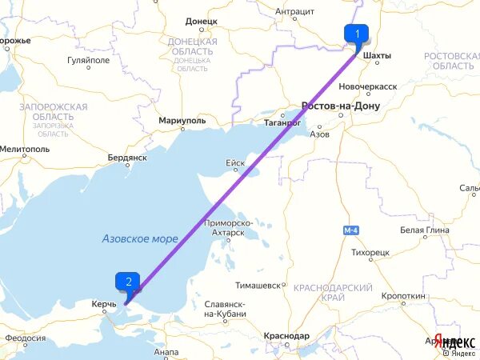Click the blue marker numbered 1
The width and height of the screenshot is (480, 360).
click(356, 34)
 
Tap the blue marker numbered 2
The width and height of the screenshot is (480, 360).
click(128, 282)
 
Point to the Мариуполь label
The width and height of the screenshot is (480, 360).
click(182, 120)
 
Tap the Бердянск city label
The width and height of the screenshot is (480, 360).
click(127, 158)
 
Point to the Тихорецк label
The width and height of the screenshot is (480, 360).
click(370, 252)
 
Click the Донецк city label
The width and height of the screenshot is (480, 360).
click(201, 22)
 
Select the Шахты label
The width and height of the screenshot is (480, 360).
click(377, 56)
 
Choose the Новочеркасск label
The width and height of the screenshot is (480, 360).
click(368, 86)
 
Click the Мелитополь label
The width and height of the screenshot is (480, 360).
click(25, 150)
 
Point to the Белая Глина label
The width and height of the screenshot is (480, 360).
click(422, 230)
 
